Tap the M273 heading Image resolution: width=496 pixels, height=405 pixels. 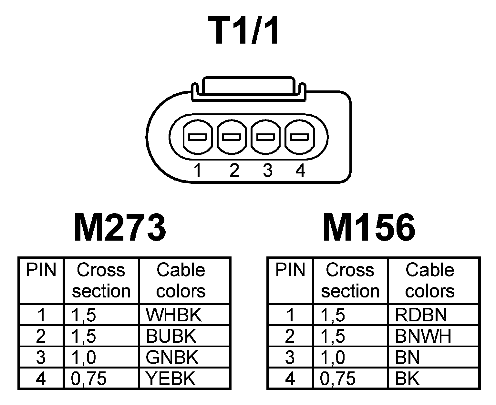[x=120, y=227]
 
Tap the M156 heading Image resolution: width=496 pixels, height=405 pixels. [x=369, y=227]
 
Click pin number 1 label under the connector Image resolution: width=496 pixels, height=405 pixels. [x=198, y=170]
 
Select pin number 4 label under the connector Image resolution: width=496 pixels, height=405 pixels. [x=300, y=170]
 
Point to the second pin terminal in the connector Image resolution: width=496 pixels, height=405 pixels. [x=232, y=137]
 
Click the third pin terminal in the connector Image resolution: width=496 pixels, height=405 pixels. [x=266, y=137]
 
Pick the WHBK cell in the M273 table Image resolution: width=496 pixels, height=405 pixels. [x=173, y=315]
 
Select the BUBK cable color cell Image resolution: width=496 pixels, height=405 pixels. [x=171, y=336]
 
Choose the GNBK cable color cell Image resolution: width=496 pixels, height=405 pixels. [x=172, y=357]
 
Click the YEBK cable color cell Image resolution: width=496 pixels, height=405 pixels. [x=171, y=379]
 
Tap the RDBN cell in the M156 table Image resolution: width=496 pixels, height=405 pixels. [x=420, y=315]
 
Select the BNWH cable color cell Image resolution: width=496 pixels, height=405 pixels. [x=423, y=336]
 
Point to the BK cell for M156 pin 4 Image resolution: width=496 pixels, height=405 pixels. [x=407, y=379]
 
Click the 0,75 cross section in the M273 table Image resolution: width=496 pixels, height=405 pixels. [x=89, y=379]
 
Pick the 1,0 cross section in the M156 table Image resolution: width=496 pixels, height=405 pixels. [x=333, y=357]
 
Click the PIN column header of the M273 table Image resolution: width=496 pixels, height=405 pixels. [x=41, y=270]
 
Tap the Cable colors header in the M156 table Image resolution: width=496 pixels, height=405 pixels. [x=430, y=280]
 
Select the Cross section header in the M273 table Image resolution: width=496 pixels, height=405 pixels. [x=101, y=280]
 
